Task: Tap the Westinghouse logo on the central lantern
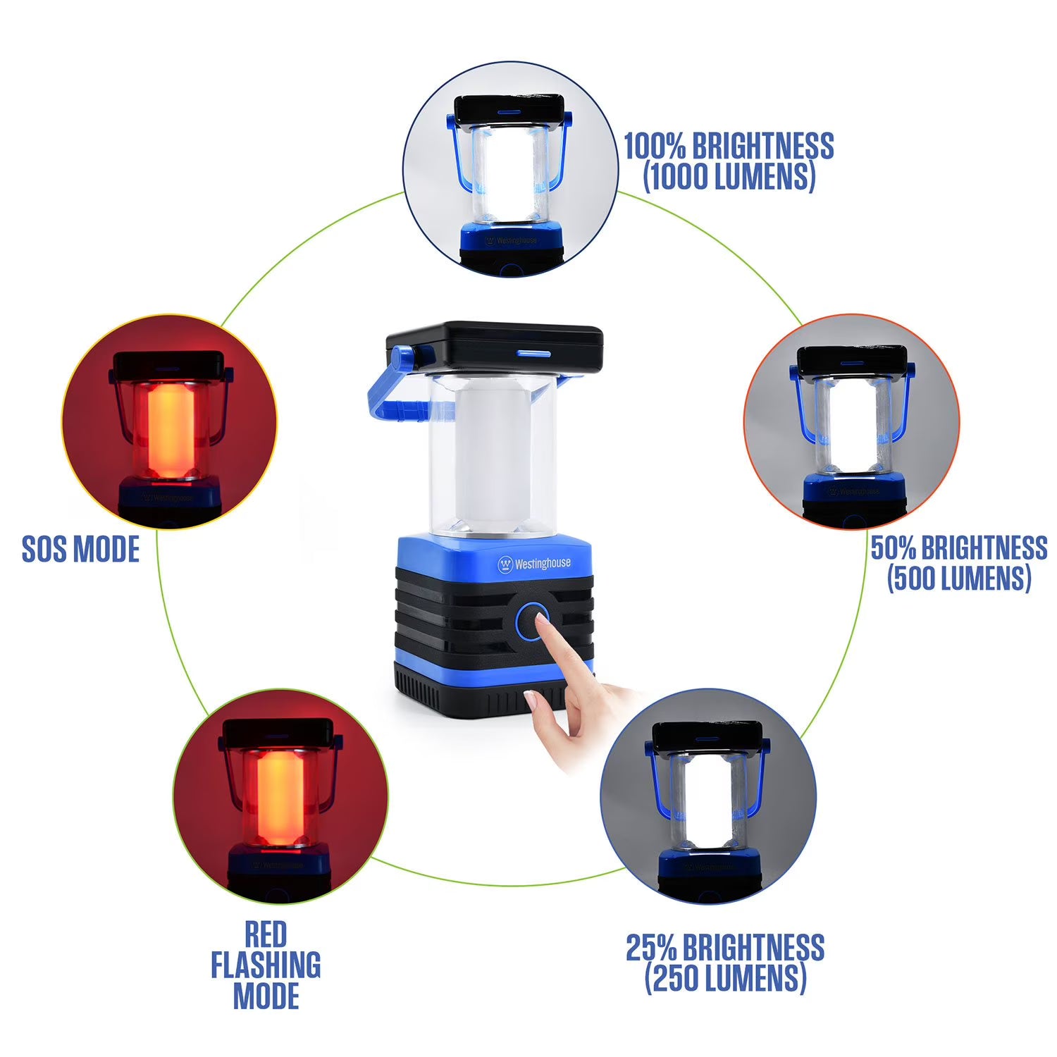pos(534,564)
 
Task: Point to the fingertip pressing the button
pos(541,619)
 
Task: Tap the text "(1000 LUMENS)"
pos(729,176)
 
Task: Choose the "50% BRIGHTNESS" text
pos(958,548)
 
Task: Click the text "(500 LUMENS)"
pos(958,578)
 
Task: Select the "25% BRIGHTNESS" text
pos(725,947)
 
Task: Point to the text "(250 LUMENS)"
pos(725,978)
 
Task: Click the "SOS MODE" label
pos(80,549)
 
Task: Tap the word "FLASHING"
pos(266,965)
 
